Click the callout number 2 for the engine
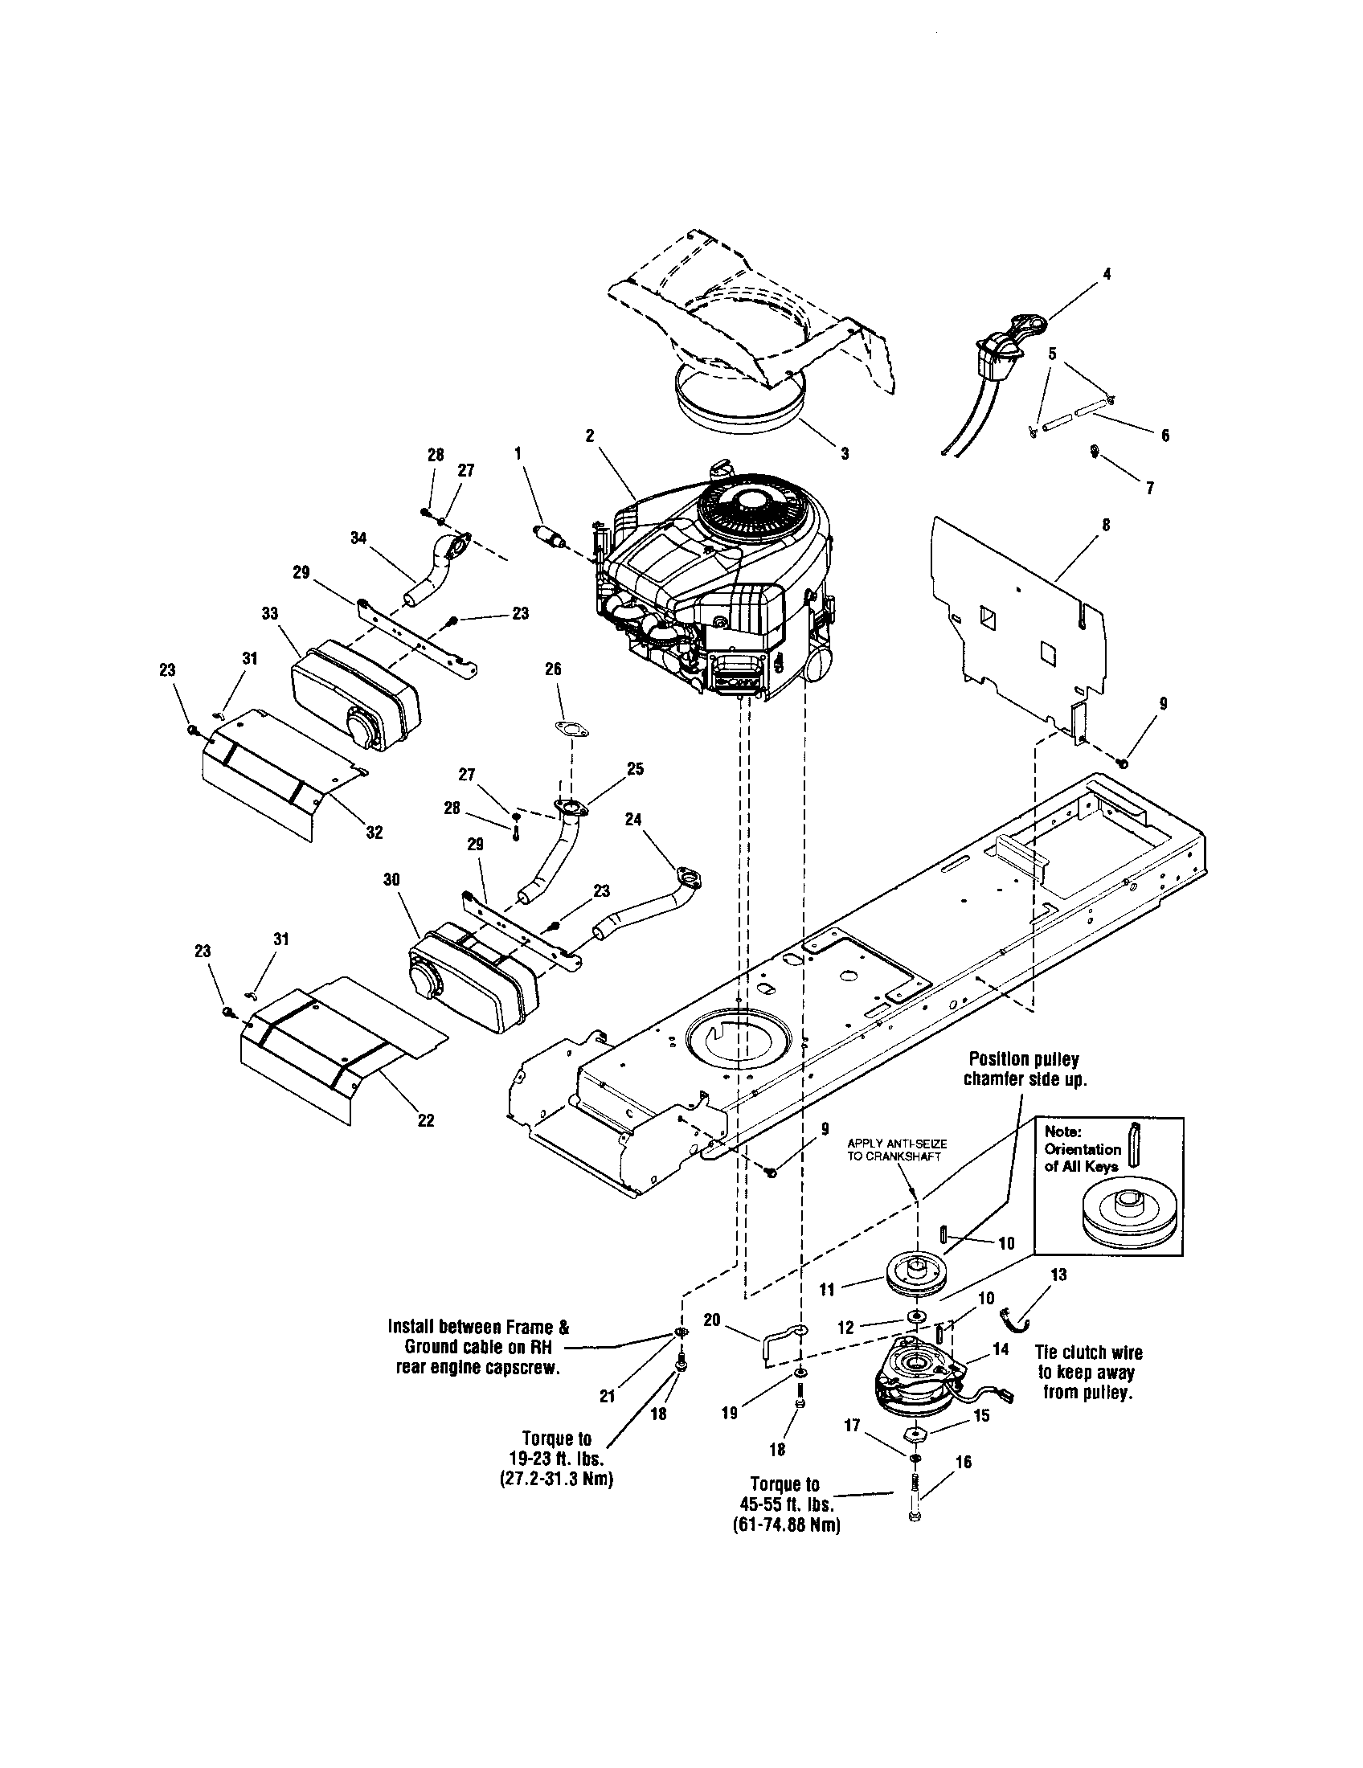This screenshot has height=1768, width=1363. click(x=590, y=436)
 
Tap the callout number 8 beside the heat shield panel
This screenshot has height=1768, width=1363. click(x=1106, y=525)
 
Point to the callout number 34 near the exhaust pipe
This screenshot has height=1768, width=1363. click(x=358, y=536)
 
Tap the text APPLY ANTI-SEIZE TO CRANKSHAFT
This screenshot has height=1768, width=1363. click(x=897, y=1149)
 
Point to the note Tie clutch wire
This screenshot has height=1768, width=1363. click(x=1089, y=1353)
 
